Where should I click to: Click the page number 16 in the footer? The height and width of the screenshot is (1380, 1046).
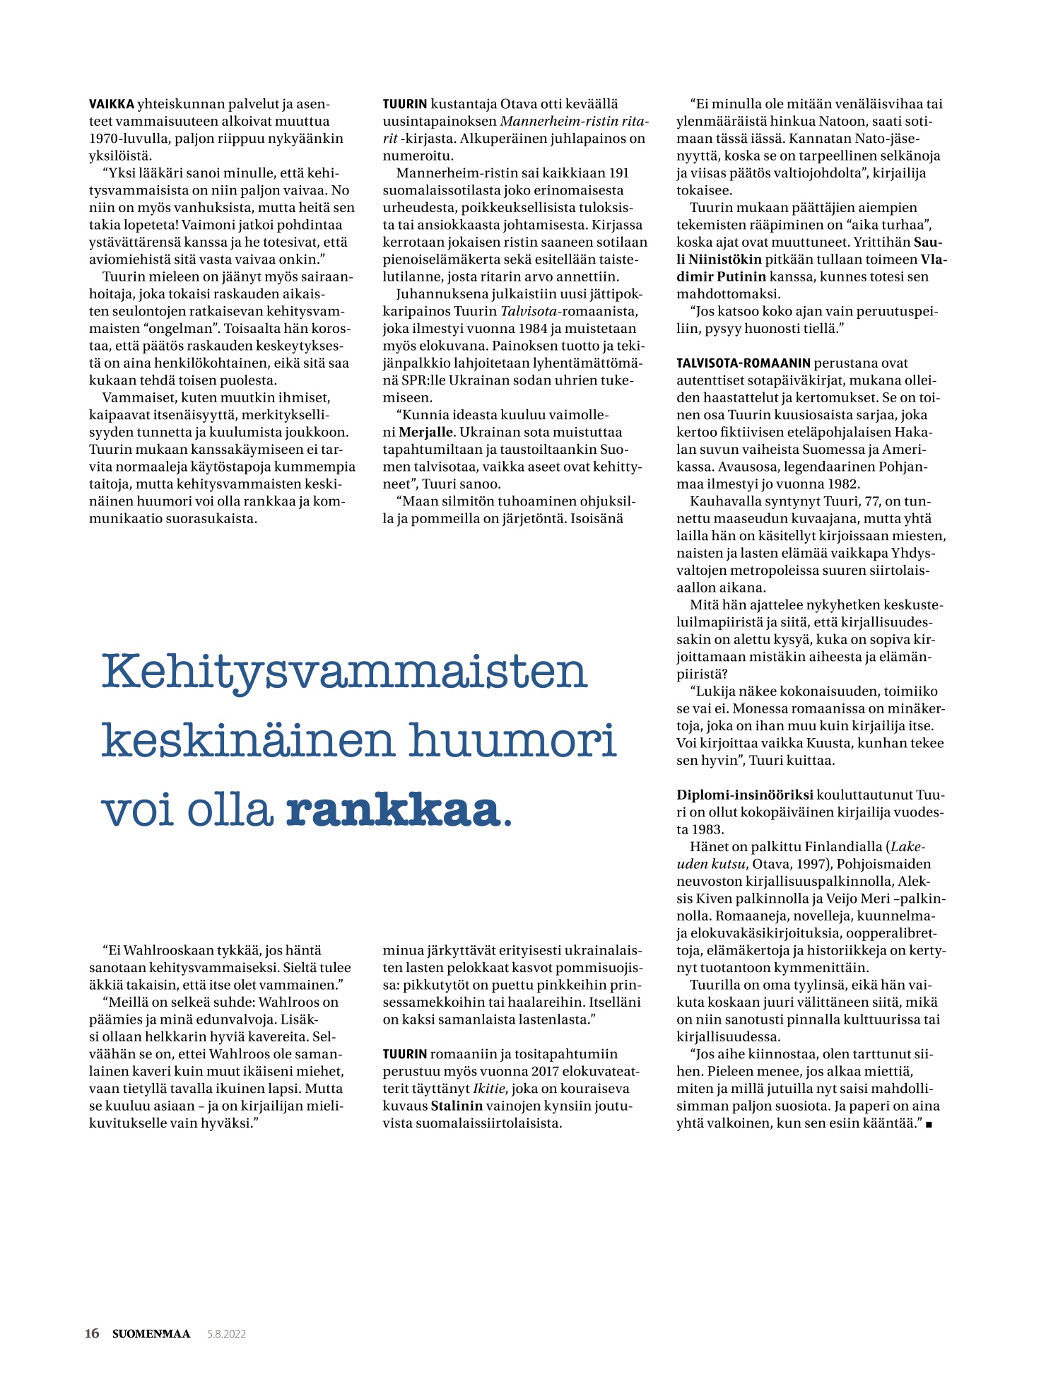click(x=92, y=1333)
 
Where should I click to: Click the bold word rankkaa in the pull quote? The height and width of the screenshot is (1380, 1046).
click(x=393, y=810)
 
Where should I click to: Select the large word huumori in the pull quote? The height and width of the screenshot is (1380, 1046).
click(x=512, y=741)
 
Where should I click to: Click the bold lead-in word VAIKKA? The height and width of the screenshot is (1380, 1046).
click(x=111, y=105)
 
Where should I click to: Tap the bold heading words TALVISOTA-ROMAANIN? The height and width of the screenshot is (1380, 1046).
click(x=743, y=363)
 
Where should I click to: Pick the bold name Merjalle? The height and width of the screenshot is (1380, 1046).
click(x=425, y=432)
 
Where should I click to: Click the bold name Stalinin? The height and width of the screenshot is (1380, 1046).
click(x=457, y=1106)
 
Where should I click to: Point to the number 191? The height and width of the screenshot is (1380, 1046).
click(x=618, y=173)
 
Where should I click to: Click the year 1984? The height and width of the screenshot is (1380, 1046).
click(x=541, y=329)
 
